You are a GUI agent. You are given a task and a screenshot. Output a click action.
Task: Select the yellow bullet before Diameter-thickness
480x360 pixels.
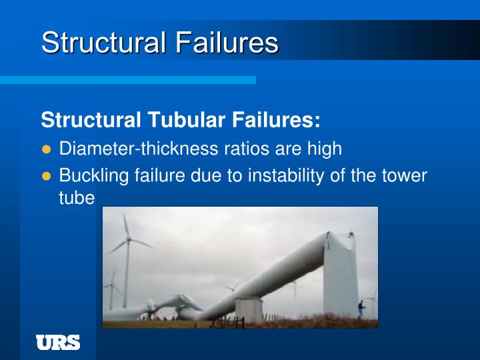[46, 149]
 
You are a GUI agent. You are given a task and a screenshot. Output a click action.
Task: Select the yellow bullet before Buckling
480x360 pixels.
[46, 176]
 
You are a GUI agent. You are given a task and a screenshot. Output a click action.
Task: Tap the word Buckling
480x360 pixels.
[90, 176]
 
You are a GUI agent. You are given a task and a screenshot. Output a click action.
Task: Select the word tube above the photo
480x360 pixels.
[77, 199]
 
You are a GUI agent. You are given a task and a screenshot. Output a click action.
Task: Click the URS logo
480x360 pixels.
[58, 343]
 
